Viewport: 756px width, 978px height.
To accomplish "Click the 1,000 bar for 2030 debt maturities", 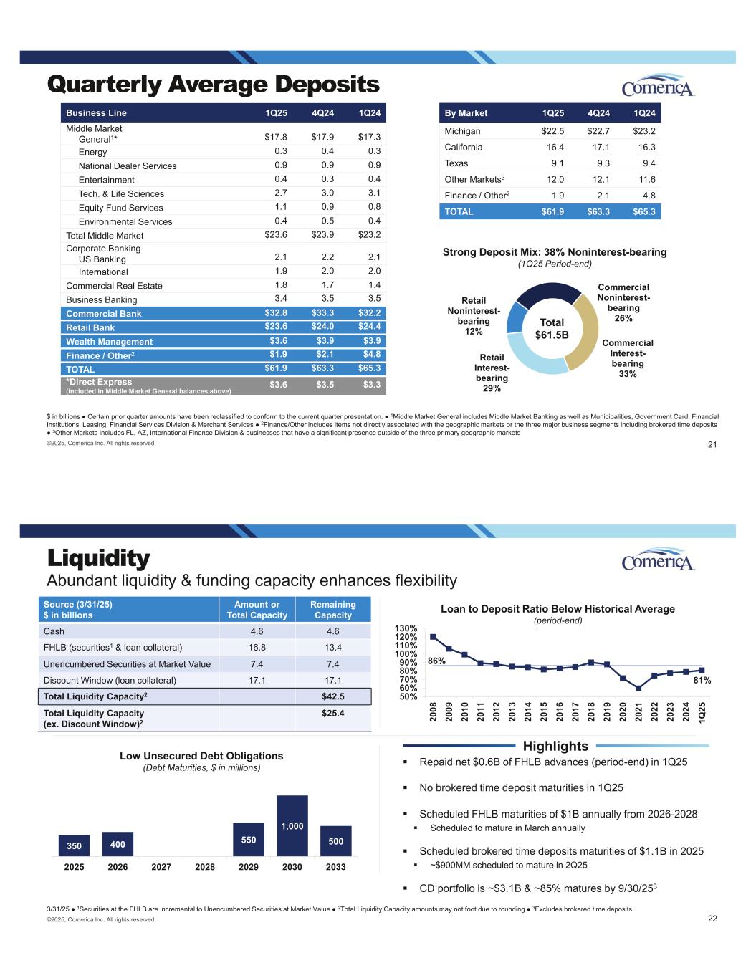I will [292, 825].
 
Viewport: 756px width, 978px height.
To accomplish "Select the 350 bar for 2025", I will [75, 845].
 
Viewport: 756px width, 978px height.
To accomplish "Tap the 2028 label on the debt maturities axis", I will [205, 866].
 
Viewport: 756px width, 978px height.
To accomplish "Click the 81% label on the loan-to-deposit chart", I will [702, 681].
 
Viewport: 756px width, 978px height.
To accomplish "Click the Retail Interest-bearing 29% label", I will [492, 373].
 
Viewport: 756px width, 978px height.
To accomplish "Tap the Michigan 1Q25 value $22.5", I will [552, 131].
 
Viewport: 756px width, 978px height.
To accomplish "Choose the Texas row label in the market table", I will [456, 163].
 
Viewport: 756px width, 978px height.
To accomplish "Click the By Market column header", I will [466, 112].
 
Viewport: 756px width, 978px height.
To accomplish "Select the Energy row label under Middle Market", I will [92, 152].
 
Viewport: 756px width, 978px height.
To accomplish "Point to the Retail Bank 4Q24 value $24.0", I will [323, 327].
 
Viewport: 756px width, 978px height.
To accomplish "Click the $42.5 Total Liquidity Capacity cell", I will [333, 696].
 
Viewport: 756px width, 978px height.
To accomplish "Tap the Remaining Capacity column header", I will [333, 610].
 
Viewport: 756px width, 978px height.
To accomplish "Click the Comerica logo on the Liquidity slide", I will [658, 561].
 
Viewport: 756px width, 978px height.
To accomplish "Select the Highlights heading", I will [556, 747].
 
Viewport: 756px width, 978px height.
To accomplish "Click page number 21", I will [712, 446].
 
